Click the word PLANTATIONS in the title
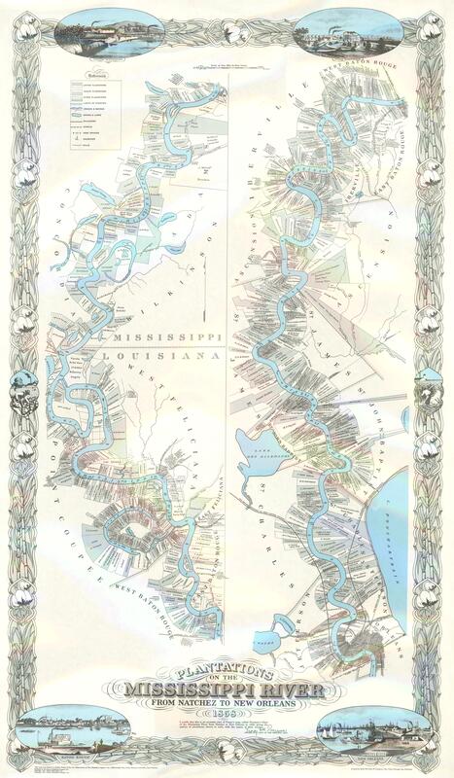[227, 672]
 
